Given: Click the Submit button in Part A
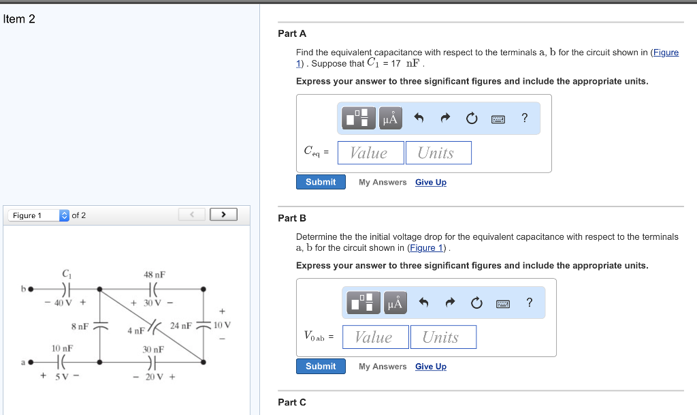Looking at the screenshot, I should click(x=321, y=182).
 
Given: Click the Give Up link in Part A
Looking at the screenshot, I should click(x=431, y=182).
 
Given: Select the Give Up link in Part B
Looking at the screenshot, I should click(x=431, y=367).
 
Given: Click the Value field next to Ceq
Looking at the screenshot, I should click(x=370, y=153).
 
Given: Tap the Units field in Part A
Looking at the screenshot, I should click(x=438, y=153).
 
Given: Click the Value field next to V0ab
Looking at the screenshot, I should click(x=375, y=337).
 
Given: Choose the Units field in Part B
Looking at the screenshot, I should click(x=443, y=337).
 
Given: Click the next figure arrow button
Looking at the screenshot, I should click(x=223, y=215).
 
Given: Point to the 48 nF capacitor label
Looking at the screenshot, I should click(x=155, y=274).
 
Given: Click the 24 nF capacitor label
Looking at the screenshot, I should click(x=180, y=326).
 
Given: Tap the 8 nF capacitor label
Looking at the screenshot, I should click(x=80, y=326).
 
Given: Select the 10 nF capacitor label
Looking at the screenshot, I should click(x=63, y=348).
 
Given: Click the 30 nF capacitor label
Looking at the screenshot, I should click(x=153, y=349).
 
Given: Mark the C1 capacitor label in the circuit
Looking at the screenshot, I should click(x=66, y=273).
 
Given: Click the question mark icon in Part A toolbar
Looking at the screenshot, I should click(x=524, y=119).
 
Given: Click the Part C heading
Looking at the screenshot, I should click(x=292, y=402).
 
